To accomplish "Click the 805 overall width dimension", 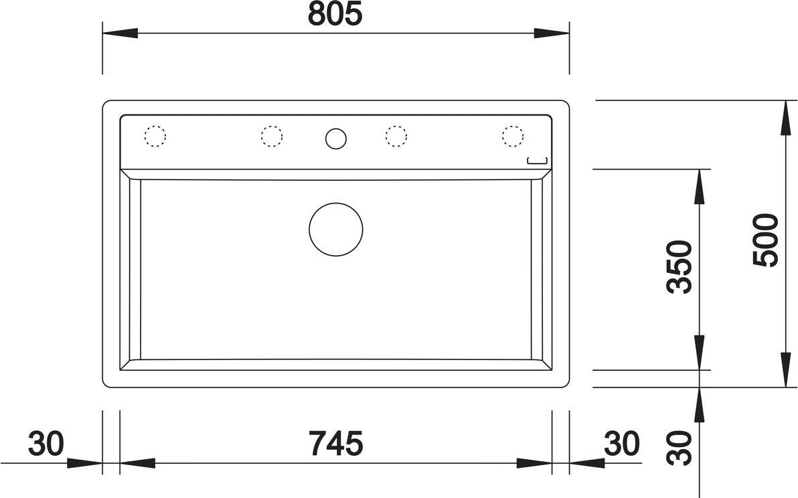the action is point(335,14).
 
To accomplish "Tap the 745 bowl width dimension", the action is point(336,443).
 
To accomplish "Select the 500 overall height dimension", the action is point(766,240).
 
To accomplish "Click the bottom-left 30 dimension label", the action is point(46,443).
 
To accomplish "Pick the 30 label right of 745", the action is point(621,443).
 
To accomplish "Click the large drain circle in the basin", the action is point(336,230).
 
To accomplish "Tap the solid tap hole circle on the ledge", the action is point(336,139).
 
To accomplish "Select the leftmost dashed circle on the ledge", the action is point(155,136).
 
